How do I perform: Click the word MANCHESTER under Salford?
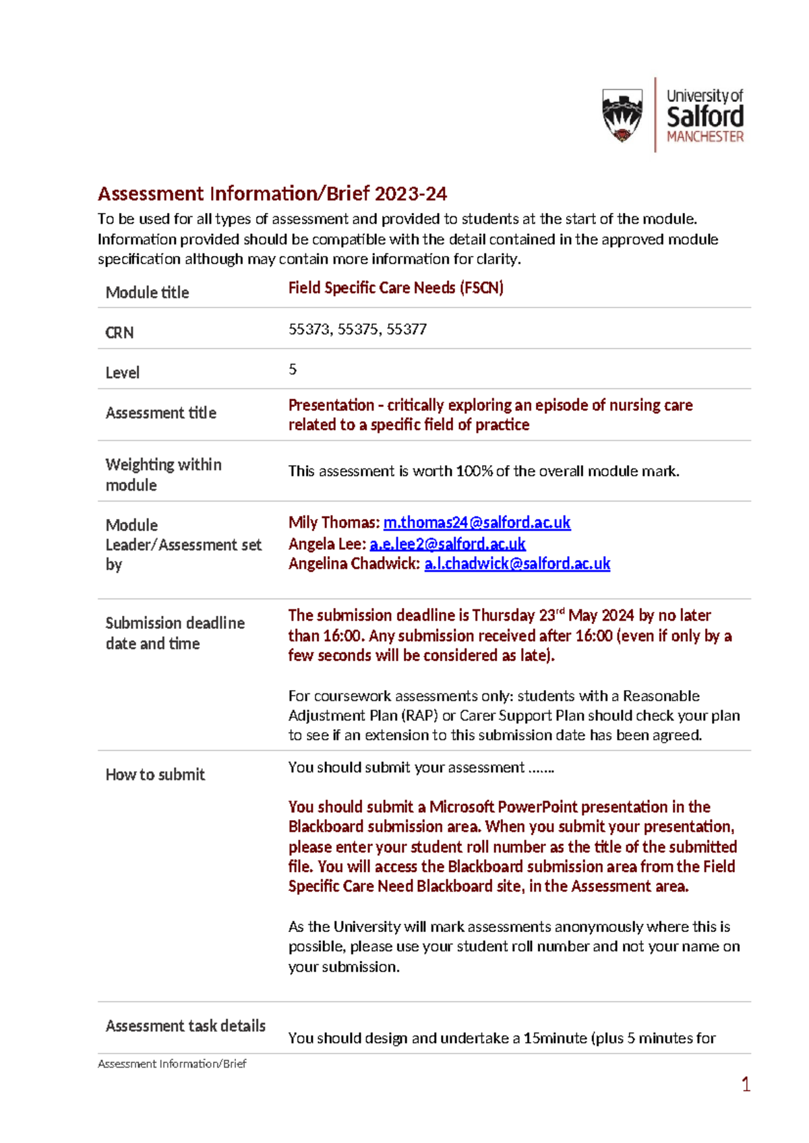[x=705, y=137]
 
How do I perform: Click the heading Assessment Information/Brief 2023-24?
[x=272, y=194]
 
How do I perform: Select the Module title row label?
[x=147, y=292]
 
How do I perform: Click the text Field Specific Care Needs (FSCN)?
[x=396, y=288]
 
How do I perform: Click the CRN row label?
[x=119, y=332]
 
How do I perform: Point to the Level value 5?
[x=293, y=369]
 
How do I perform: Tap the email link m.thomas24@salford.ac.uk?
[x=477, y=522]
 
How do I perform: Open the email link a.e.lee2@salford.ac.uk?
[x=447, y=543]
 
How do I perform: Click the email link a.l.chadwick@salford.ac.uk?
[x=517, y=563]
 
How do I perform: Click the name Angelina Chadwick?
[x=354, y=563]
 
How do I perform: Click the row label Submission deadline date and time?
[x=175, y=633]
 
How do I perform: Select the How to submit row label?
[x=155, y=775]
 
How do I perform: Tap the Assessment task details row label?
[x=185, y=1026]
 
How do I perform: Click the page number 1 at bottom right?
[x=746, y=1084]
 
